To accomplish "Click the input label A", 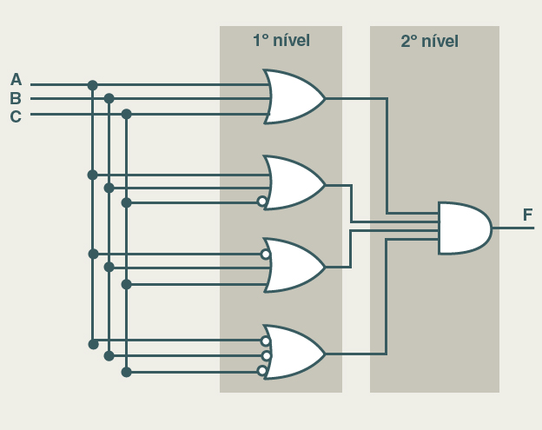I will click(x=16, y=80).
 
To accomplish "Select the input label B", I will click(x=16, y=98).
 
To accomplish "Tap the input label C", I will click(x=16, y=116).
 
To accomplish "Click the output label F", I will click(x=527, y=215).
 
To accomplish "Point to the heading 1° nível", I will click(x=281, y=41).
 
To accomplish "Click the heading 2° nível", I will click(x=429, y=41).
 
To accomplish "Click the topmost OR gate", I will click(x=294, y=96).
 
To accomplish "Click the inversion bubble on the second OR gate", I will click(x=262, y=202).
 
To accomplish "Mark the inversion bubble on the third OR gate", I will click(x=266, y=255).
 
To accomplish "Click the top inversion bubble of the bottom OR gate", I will click(x=266, y=341).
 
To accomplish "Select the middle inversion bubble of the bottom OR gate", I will click(x=267, y=355).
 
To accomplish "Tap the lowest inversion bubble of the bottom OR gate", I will click(x=262, y=371).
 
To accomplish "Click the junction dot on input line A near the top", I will click(x=92, y=85).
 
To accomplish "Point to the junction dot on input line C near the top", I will click(x=126, y=114).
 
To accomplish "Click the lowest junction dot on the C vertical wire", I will click(x=126, y=372).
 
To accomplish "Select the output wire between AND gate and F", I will click(x=512, y=228).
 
